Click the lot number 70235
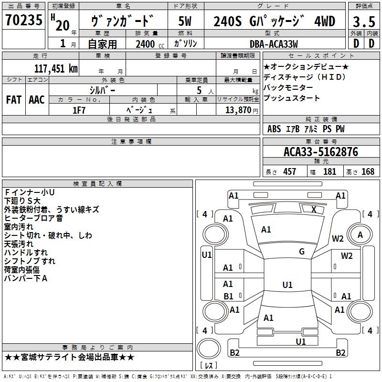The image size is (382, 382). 23,21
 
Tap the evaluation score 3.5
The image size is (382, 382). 363,21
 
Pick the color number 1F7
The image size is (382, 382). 79,110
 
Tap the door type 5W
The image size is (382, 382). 185,21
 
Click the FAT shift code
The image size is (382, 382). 14,100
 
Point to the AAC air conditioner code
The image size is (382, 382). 37,100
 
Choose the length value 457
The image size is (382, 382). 290,172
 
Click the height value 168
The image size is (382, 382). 368,172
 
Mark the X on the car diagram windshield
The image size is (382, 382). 314,209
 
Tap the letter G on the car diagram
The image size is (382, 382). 301,252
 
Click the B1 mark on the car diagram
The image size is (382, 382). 228,296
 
